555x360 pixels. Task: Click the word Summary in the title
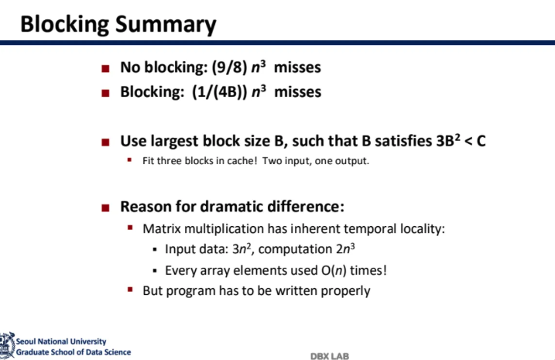(x=166, y=25)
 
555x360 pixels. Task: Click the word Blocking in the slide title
(x=65, y=25)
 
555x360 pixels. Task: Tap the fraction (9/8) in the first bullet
(x=229, y=67)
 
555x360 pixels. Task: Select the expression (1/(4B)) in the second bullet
(x=220, y=92)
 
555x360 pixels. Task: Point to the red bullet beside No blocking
(x=105, y=68)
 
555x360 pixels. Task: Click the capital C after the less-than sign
(x=481, y=141)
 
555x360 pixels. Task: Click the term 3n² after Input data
(x=242, y=249)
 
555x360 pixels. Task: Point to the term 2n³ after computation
(x=345, y=249)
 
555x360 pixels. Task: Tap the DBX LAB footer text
(x=330, y=356)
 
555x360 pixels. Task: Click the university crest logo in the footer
(x=7, y=345)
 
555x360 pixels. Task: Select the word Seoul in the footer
(x=26, y=341)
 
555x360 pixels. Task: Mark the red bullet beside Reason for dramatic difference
(x=105, y=207)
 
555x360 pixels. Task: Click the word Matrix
(x=162, y=229)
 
